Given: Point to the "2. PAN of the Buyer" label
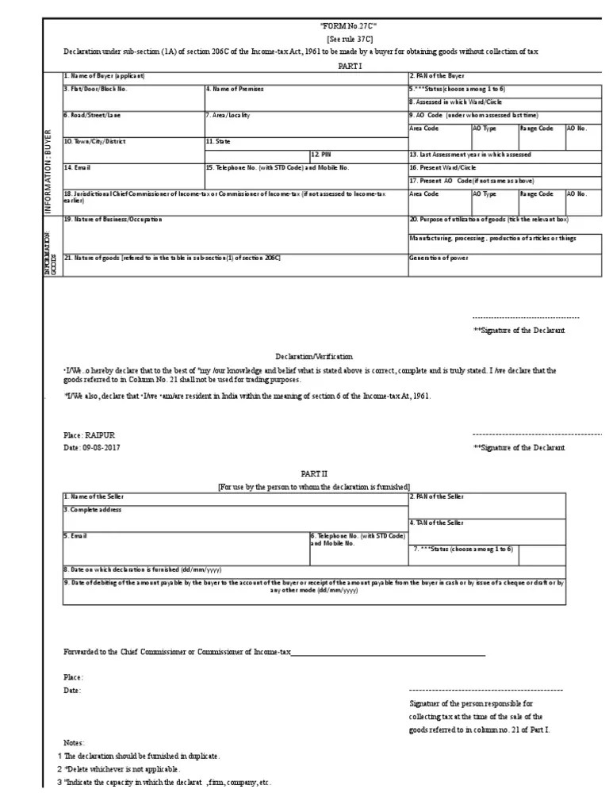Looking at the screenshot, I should [x=437, y=76].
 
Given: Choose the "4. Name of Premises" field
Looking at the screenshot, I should [x=235, y=90].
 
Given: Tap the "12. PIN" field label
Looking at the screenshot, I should [x=320, y=155].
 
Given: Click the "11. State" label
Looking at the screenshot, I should [x=218, y=141].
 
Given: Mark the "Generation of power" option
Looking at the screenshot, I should [x=439, y=258].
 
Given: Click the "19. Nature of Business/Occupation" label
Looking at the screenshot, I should [x=113, y=219].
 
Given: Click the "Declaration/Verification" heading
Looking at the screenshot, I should [x=314, y=358].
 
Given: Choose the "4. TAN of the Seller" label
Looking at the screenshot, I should [x=438, y=523].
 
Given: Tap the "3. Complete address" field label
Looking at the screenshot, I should [x=93, y=509].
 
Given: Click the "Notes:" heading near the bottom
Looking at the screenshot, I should [x=75, y=743].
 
